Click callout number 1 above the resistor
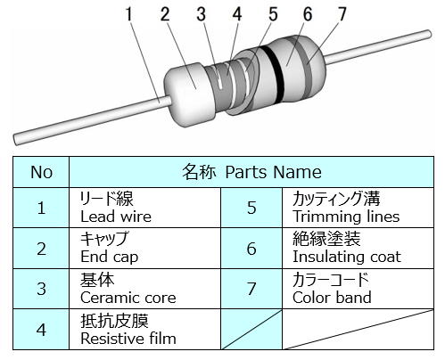point(128,14)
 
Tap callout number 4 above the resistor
point(237,14)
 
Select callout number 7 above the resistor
point(342,14)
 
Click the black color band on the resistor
point(274,74)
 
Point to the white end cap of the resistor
point(189,94)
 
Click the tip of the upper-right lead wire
point(429,34)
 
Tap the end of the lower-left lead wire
point(16,140)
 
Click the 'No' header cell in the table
point(41,172)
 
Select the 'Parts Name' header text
point(273,172)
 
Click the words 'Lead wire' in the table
point(116,217)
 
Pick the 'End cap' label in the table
point(110,257)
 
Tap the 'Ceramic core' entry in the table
point(128,298)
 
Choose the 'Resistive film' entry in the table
point(128,339)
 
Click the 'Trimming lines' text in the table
point(346,217)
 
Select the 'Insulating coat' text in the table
point(347,257)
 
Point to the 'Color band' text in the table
point(332,298)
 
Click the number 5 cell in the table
point(251,208)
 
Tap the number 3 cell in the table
point(41,289)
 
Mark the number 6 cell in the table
point(251,249)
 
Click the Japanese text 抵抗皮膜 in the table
point(114,321)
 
